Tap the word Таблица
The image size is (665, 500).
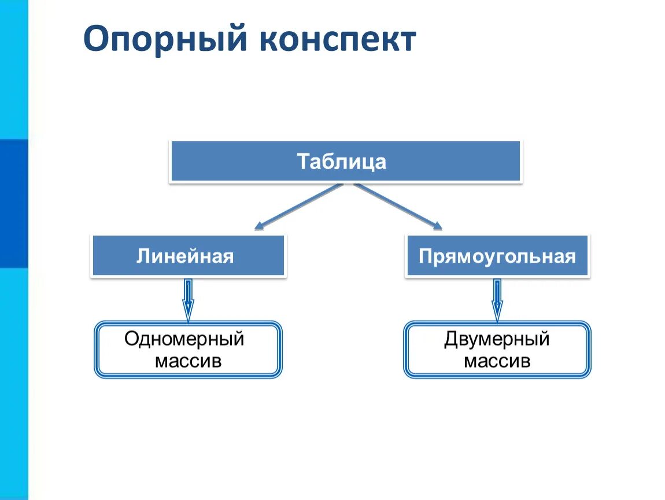point(341,161)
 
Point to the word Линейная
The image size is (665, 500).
point(185,256)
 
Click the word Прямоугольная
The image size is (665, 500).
point(497,256)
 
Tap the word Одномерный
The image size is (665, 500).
point(184,339)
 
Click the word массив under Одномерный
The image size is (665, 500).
point(189,361)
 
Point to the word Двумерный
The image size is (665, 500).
point(497,339)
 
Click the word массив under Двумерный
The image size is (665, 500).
point(497,361)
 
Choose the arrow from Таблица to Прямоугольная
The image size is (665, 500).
point(398,205)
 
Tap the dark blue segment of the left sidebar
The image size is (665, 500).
point(13,203)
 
